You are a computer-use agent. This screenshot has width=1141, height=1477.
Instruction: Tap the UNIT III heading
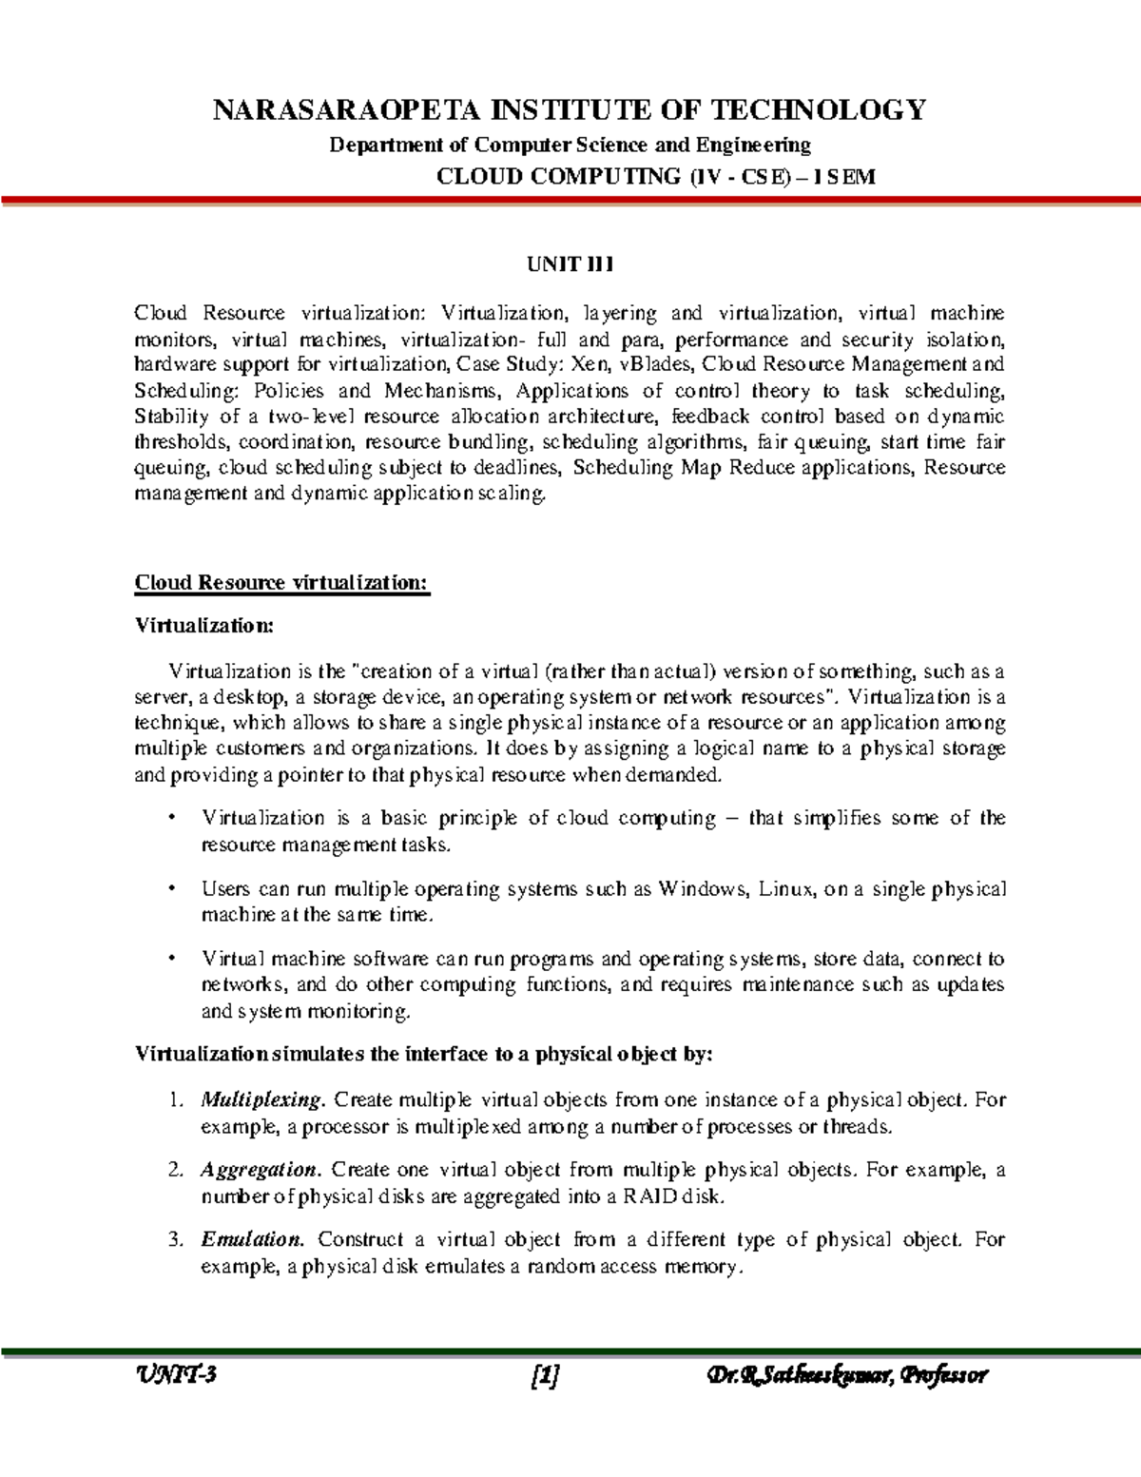click(570, 265)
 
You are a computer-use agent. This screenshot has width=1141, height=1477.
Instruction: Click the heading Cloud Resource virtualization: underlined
click(282, 583)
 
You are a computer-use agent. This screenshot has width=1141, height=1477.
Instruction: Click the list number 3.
click(173, 1240)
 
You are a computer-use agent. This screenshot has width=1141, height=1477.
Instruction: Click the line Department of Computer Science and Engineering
click(570, 146)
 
